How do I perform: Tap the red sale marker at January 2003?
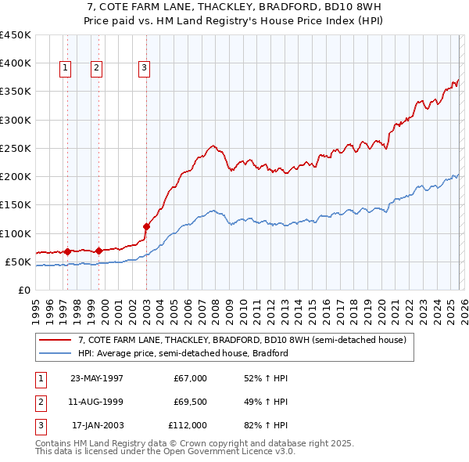[146, 227]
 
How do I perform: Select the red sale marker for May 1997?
[67, 252]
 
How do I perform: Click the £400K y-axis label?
[16, 63]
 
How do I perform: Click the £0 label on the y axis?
[23, 290]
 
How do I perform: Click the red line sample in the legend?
[55, 341]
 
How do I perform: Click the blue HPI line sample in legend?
[55, 353]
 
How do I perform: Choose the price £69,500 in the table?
[190, 402]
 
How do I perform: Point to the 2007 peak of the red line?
[212, 145]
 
